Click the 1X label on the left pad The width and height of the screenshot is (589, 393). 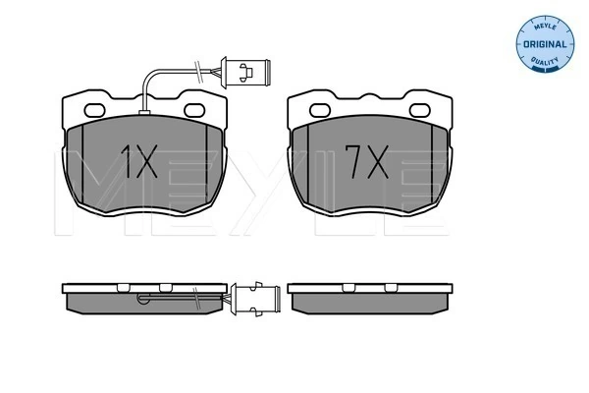click(138, 162)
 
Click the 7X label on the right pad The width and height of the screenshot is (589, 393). click(366, 162)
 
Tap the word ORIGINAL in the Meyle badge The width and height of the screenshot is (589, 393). click(545, 44)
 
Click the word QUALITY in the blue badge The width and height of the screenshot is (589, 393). click(545, 61)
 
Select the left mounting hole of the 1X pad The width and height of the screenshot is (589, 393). click(94, 111)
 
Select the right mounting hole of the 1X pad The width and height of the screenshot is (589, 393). click(194, 110)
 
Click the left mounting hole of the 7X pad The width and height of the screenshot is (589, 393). click(320, 111)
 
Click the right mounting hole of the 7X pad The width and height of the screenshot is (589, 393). click(420, 110)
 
